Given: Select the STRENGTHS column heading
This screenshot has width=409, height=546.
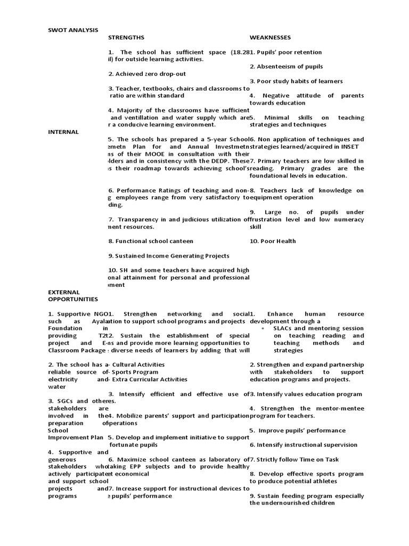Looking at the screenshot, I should [x=126, y=37].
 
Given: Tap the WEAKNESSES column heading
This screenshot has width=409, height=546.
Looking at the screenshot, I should [x=270, y=37].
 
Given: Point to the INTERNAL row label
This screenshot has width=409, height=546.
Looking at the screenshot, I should [x=63, y=132].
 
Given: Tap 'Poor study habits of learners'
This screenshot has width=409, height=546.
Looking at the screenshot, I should [x=296, y=81].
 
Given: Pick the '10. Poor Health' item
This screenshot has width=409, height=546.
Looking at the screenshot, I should [x=273, y=241].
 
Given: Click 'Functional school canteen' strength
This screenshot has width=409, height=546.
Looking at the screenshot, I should [x=151, y=241].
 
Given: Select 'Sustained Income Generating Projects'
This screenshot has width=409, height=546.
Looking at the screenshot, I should [x=169, y=256].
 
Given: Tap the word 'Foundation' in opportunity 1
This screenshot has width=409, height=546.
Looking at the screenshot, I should [x=65, y=328].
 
